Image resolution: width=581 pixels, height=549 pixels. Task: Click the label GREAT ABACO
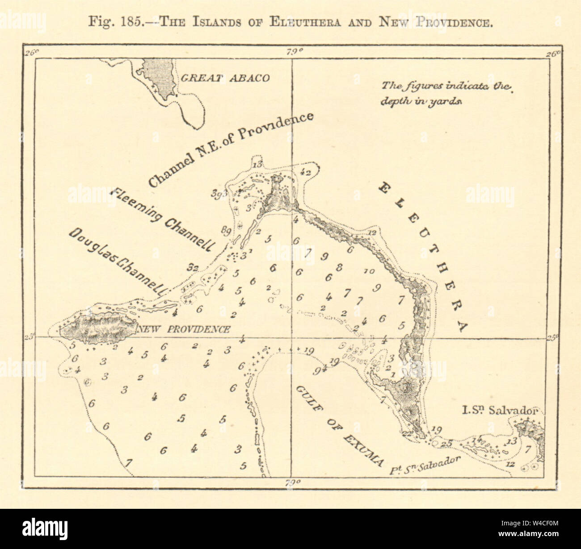tap(224, 78)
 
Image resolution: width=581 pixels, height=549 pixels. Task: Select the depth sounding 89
tap(226, 230)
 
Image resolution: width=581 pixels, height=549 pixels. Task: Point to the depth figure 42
tap(306, 171)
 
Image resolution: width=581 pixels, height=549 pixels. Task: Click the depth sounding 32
tap(193, 268)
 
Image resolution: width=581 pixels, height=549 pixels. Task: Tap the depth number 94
tap(319, 369)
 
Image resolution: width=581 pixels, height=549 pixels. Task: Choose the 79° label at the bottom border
tap(292, 482)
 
